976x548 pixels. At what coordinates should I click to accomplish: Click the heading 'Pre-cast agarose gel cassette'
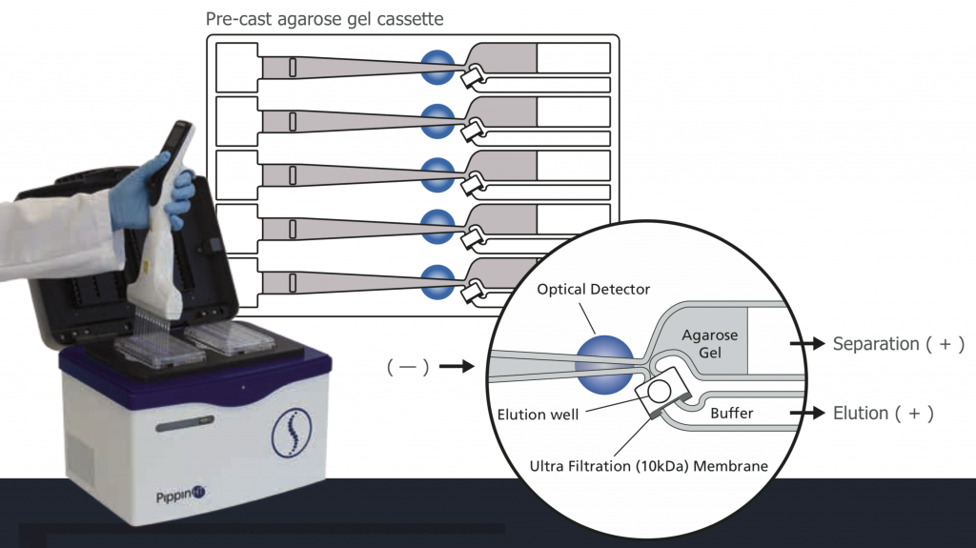(x=325, y=19)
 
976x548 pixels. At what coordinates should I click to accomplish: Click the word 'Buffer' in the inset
(x=733, y=414)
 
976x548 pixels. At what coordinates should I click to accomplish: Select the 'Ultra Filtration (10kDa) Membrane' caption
(x=648, y=466)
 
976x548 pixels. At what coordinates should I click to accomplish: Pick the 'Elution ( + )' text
(x=883, y=414)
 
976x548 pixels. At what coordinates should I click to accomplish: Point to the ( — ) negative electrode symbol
(x=407, y=365)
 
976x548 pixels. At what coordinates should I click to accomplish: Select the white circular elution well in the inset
(x=659, y=389)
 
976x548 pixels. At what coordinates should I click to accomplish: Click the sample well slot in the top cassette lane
(x=294, y=68)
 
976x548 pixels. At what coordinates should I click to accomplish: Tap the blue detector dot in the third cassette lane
(x=438, y=173)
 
